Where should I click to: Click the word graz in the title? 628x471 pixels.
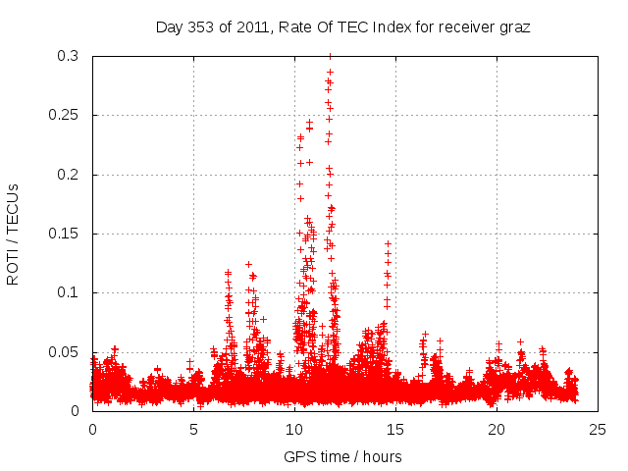point(513,27)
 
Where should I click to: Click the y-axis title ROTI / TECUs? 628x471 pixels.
point(13,234)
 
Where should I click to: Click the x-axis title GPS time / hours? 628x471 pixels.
point(342,456)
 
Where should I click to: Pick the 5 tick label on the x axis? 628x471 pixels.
point(193,429)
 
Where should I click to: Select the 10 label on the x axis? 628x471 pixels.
point(294,429)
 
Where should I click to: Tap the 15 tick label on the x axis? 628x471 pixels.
point(395,429)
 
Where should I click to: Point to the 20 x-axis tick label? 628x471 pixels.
point(497,429)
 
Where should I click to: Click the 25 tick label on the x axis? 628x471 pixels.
point(598,429)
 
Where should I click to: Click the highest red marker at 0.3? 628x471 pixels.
point(330,57)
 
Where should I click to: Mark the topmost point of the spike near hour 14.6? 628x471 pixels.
point(388,242)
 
